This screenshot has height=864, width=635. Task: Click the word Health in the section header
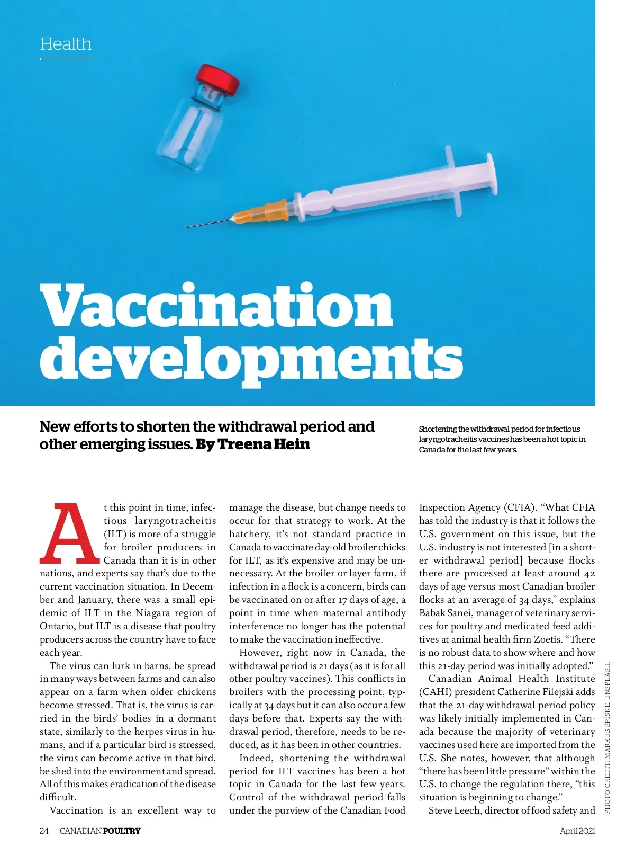pyautogui.click(x=66, y=44)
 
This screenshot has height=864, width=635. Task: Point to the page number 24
pyautogui.click(x=44, y=831)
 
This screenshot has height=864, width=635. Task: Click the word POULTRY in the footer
pyautogui.click(x=122, y=831)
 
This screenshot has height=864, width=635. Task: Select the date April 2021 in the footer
pyautogui.click(x=577, y=831)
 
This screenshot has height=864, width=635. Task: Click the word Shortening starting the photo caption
pyautogui.click(x=438, y=429)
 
